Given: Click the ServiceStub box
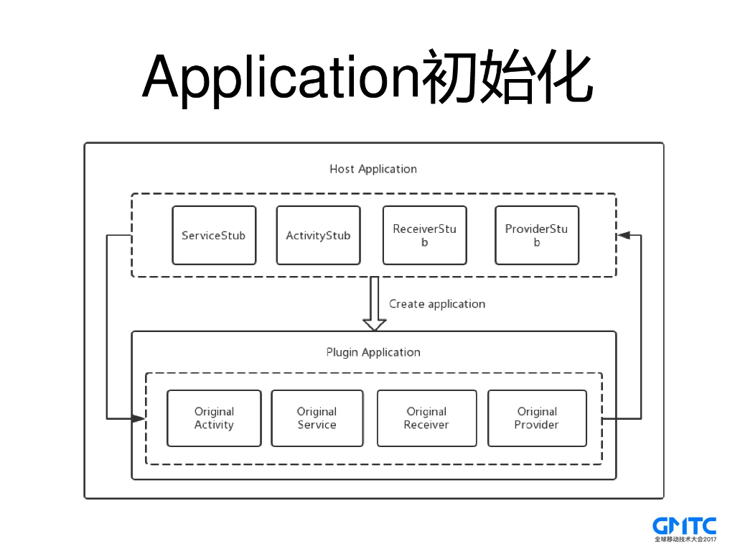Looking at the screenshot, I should pyautogui.click(x=214, y=236).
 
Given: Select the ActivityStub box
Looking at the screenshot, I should pyautogui.click(x=318, y=236).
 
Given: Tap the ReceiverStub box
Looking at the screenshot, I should pyautogui.click(x=424, y=236).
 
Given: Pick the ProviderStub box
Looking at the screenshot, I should pyautogui.click(x=536, y=236).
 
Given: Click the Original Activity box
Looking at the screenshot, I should pyautogui.click(x=214, y=418).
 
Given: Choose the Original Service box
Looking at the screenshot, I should pyautogui.click(x=317, y=418).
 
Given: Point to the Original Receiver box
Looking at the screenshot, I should pyautogui.click(x=426, y=418).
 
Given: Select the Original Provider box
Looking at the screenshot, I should pyautogui.click(x=537, y=418).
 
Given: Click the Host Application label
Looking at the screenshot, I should pyautogui.click(x=373, y=170).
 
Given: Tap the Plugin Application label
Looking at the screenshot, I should pyautogui.click(x=373, y=352).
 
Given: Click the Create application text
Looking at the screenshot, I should pyautogui.click(x=436, y=304).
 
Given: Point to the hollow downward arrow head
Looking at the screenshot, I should pyautogui.click(x=374, y=324).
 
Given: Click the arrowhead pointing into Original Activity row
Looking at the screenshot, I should pyautogui.click(x=138, y=418).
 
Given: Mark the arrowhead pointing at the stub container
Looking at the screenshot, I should pyautogui.click(x=624, y=235).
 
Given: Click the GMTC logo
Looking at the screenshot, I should pyautogui.click(x=684, y=525).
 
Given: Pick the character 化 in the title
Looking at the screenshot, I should pyautogui.click(x=566, y=76).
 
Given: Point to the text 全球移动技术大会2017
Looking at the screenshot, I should pyautogui.click(x=685, y=539).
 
